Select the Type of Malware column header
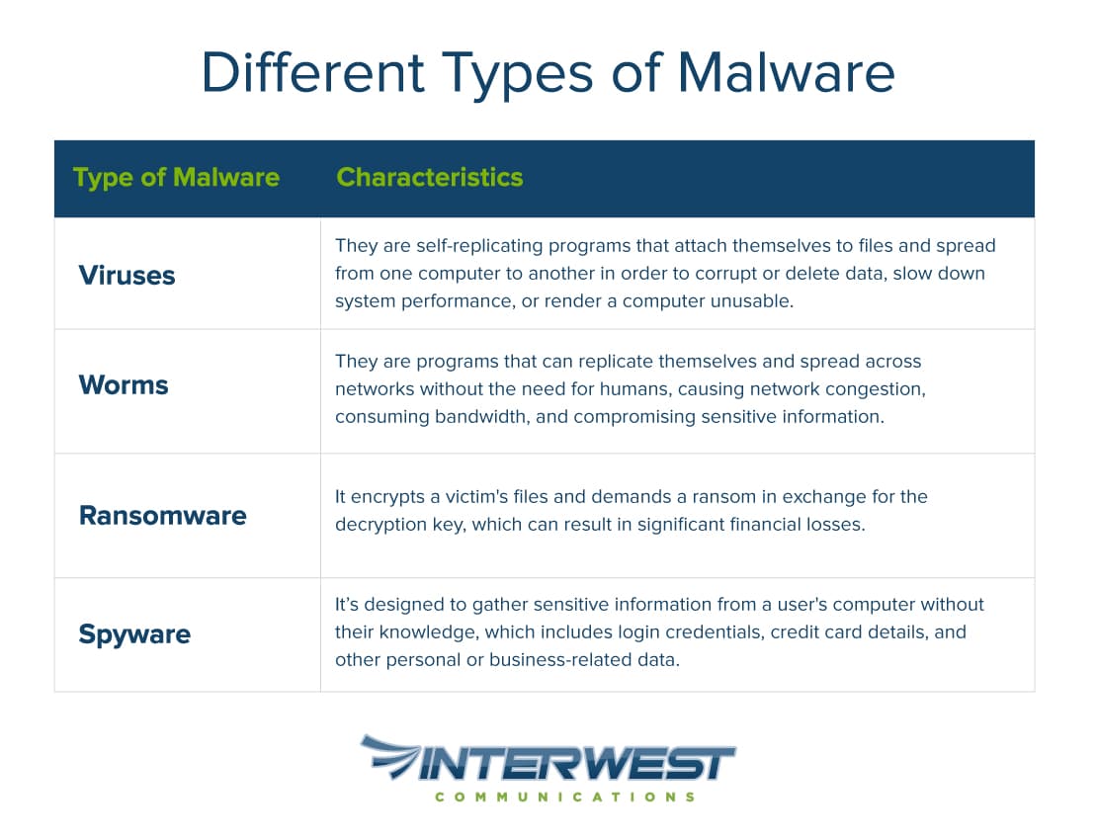click(x=176, y=178)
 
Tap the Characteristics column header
click(x=429, y=178)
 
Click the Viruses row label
click(x=127, y=275)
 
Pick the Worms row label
click(x=124, y=384)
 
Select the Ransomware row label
click(x=162, y=515)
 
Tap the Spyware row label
click(x=134, y=633)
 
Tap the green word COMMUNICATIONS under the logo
click(x=564, y=797)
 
